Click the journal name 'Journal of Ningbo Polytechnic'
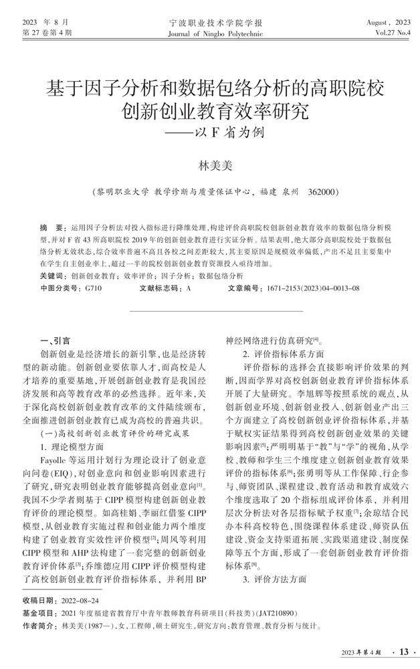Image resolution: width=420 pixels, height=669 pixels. (209, 32)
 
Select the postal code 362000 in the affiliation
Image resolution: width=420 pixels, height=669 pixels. (324, 192)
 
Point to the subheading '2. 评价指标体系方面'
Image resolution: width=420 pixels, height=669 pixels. (283, 353)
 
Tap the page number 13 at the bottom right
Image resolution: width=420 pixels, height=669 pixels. (404, 651)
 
